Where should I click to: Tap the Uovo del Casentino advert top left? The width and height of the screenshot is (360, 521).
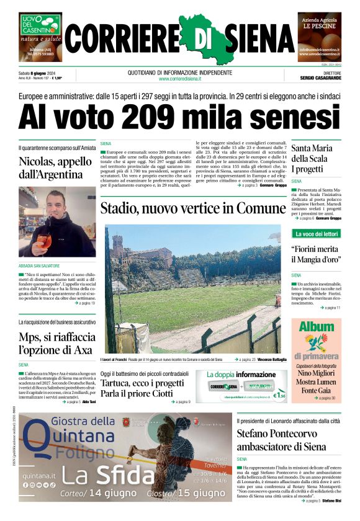[40, 37]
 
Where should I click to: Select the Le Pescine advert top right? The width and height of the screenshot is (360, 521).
[319, 37]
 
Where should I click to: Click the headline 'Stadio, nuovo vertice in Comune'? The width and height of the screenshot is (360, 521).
[193, 209]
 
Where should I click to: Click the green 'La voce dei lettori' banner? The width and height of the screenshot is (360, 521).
[317, 234]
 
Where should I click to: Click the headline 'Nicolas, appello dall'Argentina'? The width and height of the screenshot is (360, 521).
[51, 167]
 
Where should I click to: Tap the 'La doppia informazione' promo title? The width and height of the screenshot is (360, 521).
[241, 375]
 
